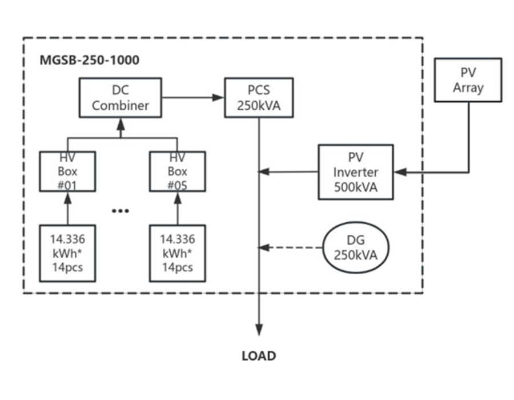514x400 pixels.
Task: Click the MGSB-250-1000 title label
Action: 89,59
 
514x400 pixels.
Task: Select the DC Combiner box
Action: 121,98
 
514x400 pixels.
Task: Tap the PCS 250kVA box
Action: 259,98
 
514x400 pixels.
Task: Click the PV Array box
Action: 468,80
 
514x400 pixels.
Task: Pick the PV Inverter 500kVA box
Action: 355,171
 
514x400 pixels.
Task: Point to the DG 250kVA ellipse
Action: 355,248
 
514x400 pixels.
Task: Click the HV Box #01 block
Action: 67,171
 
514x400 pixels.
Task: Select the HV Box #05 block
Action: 177,171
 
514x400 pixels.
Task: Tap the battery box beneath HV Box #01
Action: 67,253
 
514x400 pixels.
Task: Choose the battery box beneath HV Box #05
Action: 177,253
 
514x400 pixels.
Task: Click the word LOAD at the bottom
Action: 259,356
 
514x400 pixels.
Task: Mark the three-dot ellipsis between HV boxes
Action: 121,210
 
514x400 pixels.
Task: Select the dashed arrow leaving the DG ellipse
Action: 291,248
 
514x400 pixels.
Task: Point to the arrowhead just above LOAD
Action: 259,330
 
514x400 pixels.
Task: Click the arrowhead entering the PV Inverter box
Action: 400,171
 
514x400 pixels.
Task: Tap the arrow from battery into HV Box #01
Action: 67,208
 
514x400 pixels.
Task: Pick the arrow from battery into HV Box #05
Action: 177,208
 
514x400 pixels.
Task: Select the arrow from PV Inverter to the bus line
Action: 288,171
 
